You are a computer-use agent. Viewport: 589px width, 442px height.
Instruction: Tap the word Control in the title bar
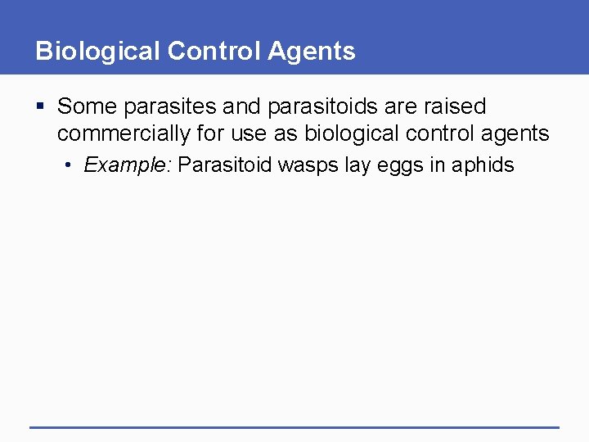click(x=214, y=52)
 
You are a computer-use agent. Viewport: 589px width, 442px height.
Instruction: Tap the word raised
click(x=456, y=107)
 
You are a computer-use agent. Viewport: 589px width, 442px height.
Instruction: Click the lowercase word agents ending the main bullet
click(x=515, y=134)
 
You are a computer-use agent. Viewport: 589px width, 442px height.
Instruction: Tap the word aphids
click(x=483, y=165)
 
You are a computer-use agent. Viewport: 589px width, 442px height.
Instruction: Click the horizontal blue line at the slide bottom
click(x=294, y=426)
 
